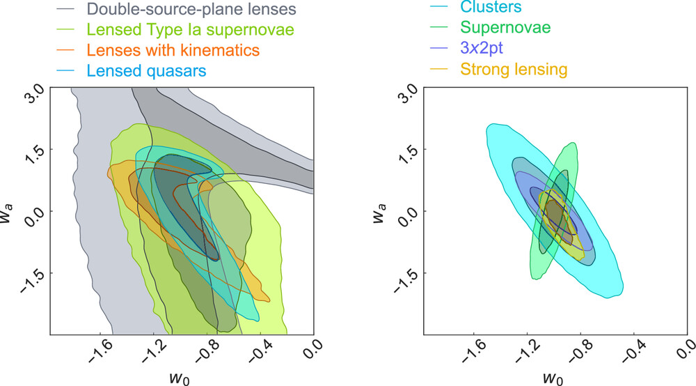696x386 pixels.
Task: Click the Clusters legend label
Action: point(491,8)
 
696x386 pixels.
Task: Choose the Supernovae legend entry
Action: point(505,28)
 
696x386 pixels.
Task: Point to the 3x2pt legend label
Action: point(483,48)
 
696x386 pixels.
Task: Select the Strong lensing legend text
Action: point(514,68)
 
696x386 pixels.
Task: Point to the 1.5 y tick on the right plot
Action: point(411,150)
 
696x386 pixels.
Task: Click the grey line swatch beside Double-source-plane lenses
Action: point(67,10)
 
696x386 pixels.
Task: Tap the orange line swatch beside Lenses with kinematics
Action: point(67,50)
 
